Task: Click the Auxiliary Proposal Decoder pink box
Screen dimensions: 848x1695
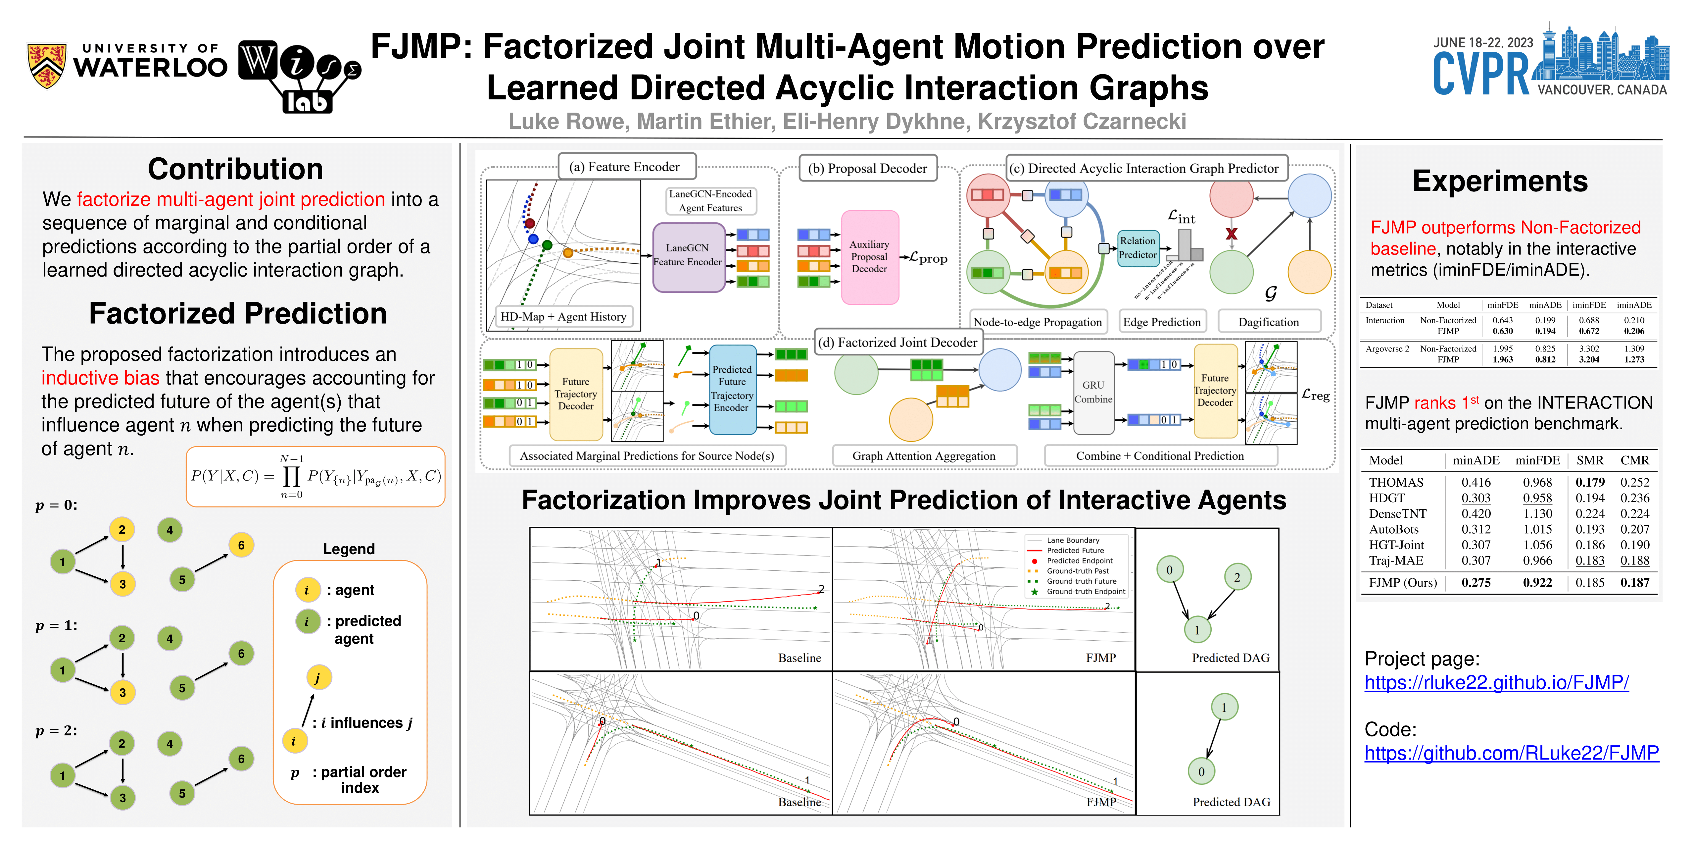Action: [869, 257]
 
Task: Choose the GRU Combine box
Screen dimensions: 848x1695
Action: [1093, 393]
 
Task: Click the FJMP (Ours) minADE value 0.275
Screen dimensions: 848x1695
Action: [1476, 583]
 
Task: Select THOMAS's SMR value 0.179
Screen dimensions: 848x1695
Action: [1590, 483]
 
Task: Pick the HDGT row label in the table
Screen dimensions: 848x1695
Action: [1387, 499]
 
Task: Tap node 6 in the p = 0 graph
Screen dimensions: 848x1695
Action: [241, 545]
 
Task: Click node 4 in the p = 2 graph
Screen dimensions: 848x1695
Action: [170, 744]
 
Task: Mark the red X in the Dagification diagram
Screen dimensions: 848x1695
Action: [1231, 234]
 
